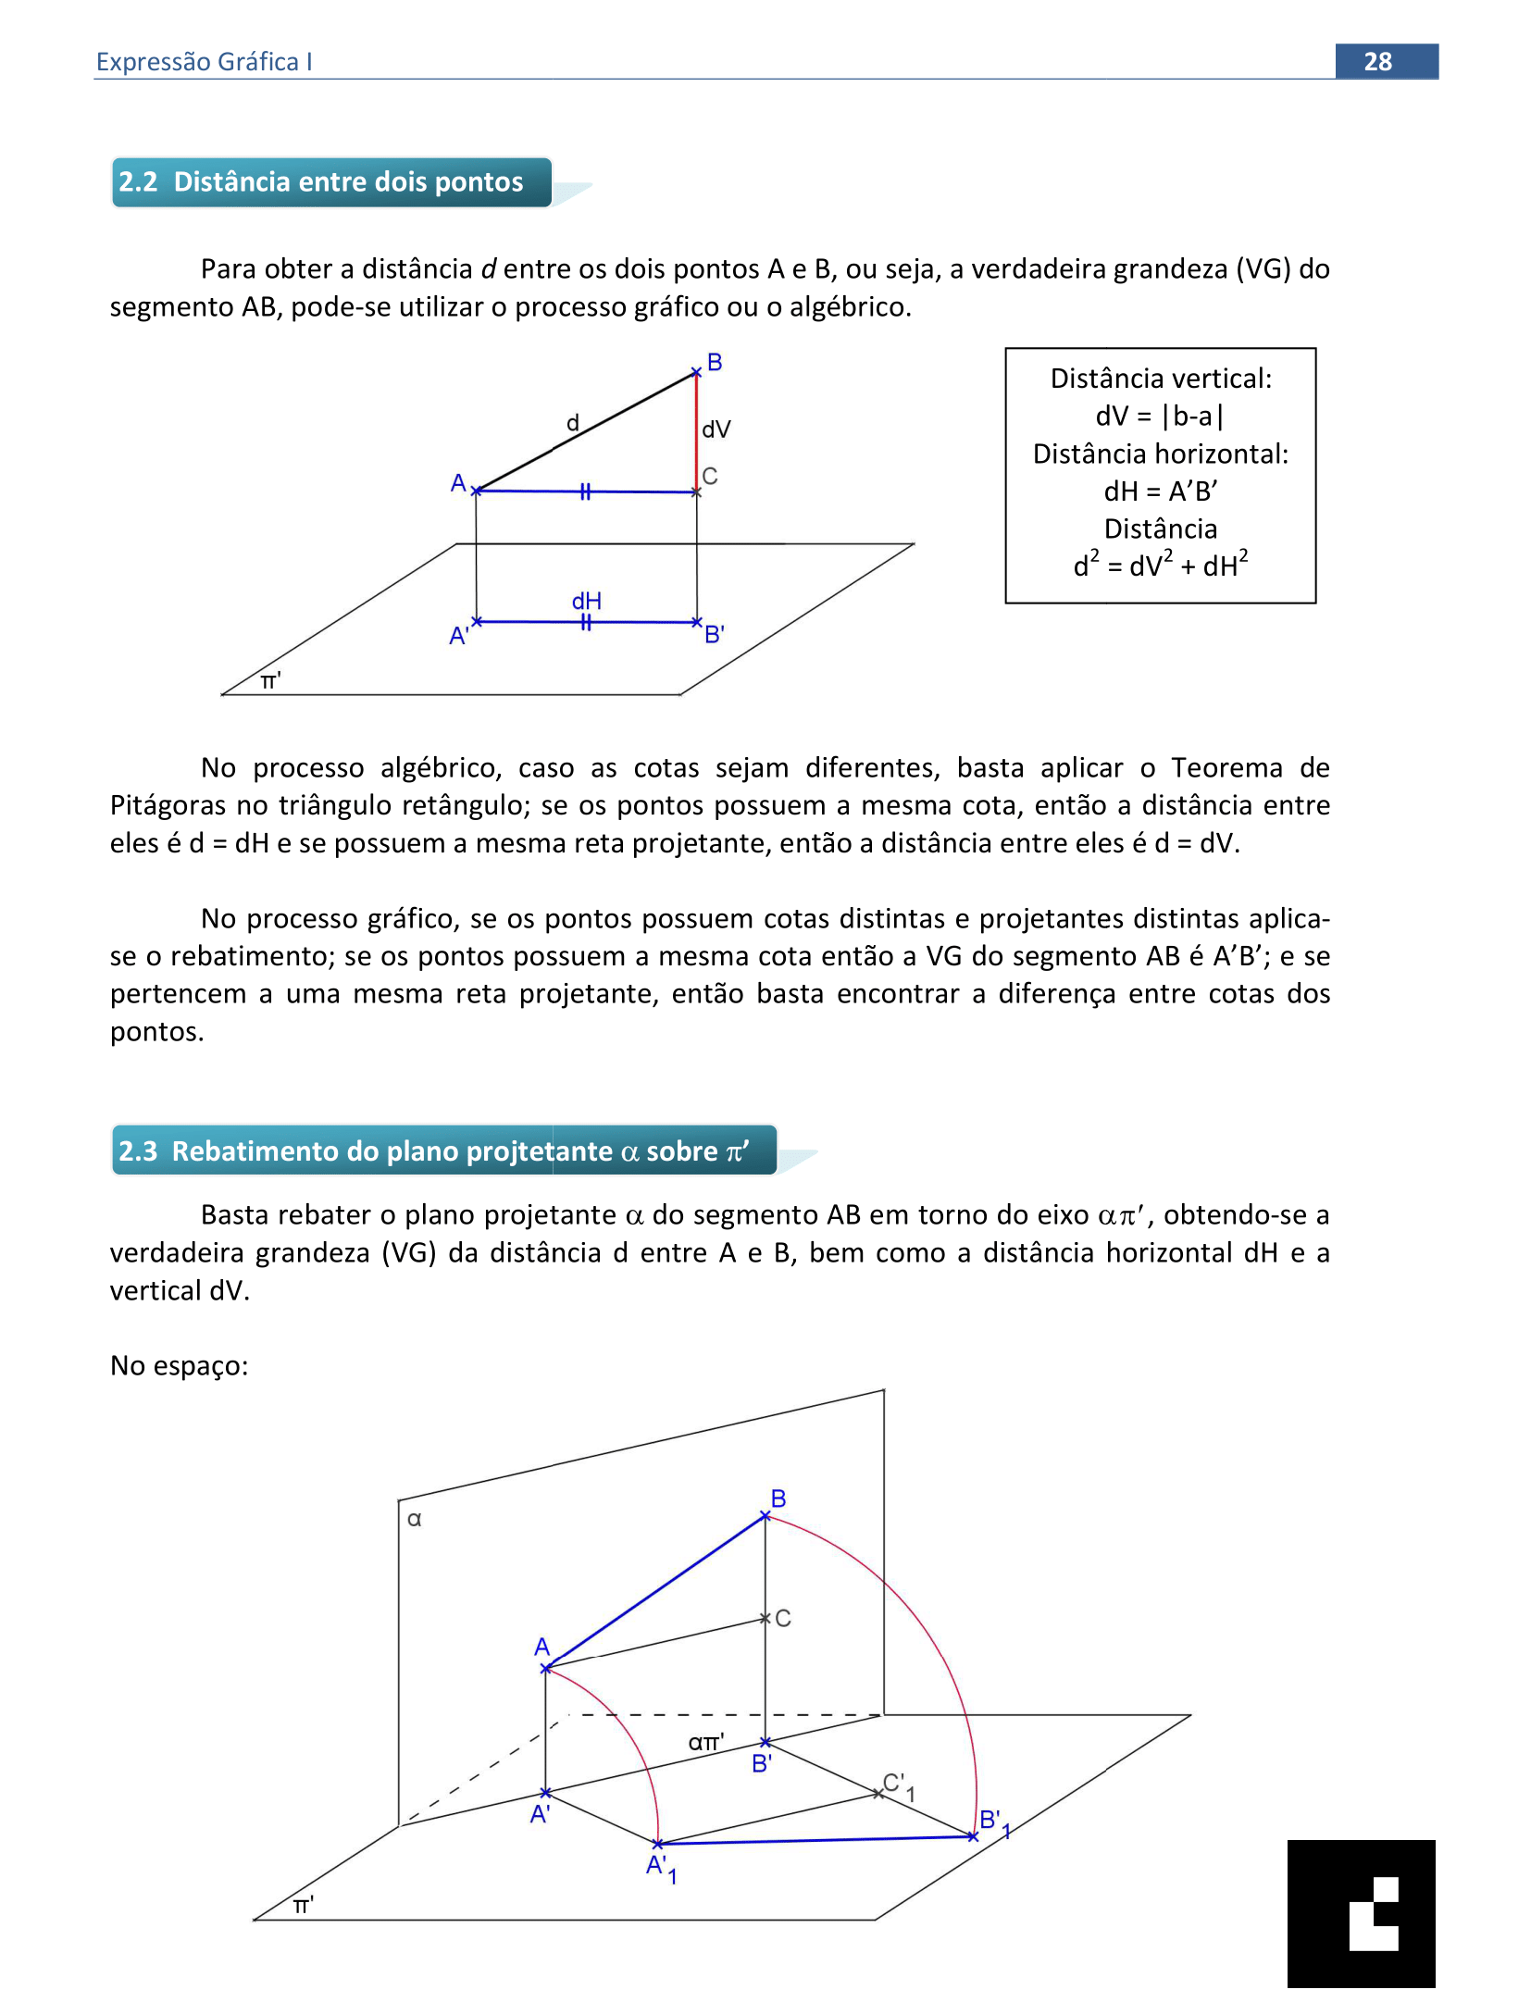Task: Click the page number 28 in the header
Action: click(1376, 61)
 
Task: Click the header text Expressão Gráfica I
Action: click(204, 61)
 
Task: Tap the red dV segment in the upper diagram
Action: click(696, 431)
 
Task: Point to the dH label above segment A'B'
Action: click(587, 601)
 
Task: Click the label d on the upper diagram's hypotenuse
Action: click(573, 423)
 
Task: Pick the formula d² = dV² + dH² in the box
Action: click(1160, 564)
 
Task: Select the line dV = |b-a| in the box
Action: click(1160, 417)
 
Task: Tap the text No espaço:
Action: click(179, 1365)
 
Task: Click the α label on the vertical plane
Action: click(415, 1519)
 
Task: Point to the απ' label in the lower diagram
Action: click(705, 1742)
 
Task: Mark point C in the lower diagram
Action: click(765, 1618)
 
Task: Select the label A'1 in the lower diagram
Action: click(661, 1868)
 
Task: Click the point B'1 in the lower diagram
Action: click(973, 1836)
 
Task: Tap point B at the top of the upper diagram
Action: click(697, 372)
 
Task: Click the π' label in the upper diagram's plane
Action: click(270, 681)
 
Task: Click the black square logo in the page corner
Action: click(1361, 1913)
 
